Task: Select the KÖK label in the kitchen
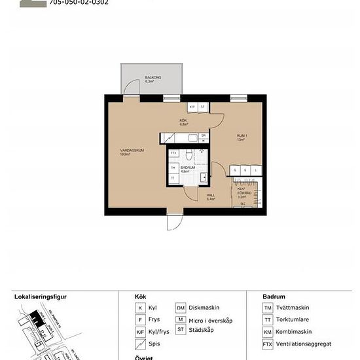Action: (183, 122)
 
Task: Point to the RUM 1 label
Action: (241, 137)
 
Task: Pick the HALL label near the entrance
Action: (211, 196)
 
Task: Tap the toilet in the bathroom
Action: (188, 154)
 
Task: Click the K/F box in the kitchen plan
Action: (192, 107)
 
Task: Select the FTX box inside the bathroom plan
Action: (174, 154)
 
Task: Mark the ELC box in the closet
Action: (242, 204)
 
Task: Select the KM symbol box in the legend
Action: (267, 332)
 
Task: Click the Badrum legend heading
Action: (273, 296)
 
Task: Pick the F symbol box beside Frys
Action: (140, 320)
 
